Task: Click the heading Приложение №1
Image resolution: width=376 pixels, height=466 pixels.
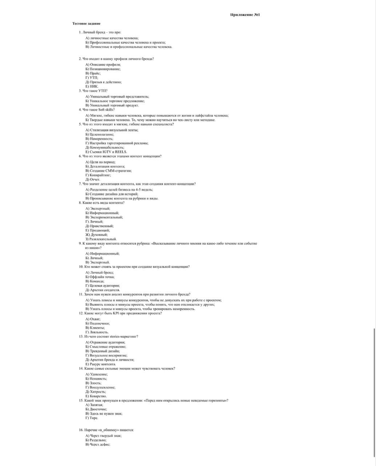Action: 245,15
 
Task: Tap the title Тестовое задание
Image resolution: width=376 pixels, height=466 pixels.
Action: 87,24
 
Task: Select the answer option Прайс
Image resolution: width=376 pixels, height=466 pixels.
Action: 93,73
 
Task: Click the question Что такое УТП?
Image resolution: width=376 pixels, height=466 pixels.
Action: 93,91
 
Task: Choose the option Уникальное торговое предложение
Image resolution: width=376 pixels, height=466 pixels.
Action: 115,101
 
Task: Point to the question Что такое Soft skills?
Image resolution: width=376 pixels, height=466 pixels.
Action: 97,110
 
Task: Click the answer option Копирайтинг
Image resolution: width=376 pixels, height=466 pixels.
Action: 98,175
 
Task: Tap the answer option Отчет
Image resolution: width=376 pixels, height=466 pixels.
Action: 93,179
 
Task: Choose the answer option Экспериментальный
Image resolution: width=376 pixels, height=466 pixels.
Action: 104,217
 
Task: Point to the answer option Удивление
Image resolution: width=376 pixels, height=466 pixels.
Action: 96,374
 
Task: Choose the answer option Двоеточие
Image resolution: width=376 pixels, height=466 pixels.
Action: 96,409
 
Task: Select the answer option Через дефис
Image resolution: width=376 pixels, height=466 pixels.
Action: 98,444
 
